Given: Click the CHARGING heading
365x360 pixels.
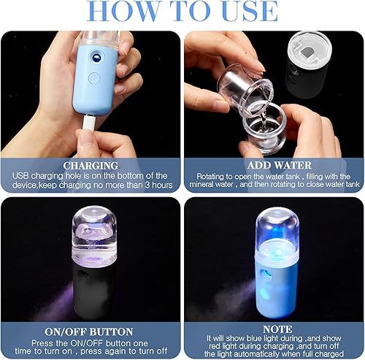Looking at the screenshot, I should [x=91, y=166].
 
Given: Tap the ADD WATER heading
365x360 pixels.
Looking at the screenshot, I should [x=274, y=166].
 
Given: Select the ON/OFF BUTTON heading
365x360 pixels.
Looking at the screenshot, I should [x=91, y=329].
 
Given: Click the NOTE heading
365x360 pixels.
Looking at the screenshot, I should [x=274, y=329].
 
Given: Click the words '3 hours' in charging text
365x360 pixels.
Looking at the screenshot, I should [x=155, y=185].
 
